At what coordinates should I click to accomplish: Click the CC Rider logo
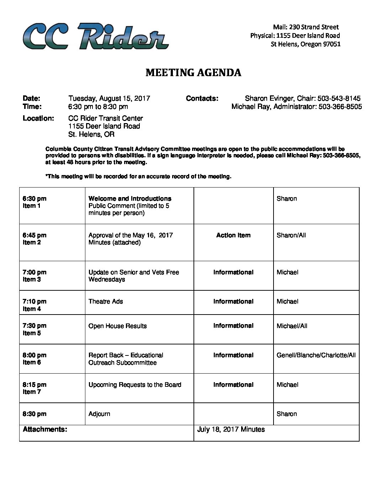click(x=95, y=36)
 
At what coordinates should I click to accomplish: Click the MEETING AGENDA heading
click(x=193, y=73)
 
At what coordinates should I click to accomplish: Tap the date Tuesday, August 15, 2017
click(x=109, y=99)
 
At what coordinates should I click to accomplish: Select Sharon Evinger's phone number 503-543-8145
click(x=339, y=99)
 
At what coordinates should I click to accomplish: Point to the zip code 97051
click(x=332, y=44)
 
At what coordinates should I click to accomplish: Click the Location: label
click(x=38, y=118)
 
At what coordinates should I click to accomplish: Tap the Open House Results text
click(x=117, y=326)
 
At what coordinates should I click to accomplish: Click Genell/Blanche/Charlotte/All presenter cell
click(x=316, y=355)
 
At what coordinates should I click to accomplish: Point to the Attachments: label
click(x=45, y=429)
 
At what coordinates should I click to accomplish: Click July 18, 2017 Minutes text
click(x=231, y=429)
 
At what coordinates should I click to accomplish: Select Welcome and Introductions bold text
click(x=130, y=199)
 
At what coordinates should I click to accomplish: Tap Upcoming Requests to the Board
click(x=135, y=385)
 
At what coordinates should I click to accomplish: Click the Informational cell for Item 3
click(x=233, y=272)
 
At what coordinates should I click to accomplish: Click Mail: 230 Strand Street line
click(x=306, y=27)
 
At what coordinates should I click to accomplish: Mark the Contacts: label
click(x=202, y=99)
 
